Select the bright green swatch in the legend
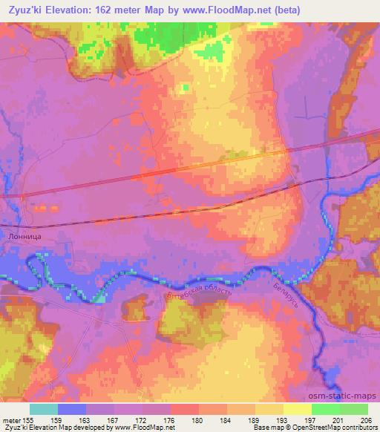coord(326,409)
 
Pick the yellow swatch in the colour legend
coord(298,409)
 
